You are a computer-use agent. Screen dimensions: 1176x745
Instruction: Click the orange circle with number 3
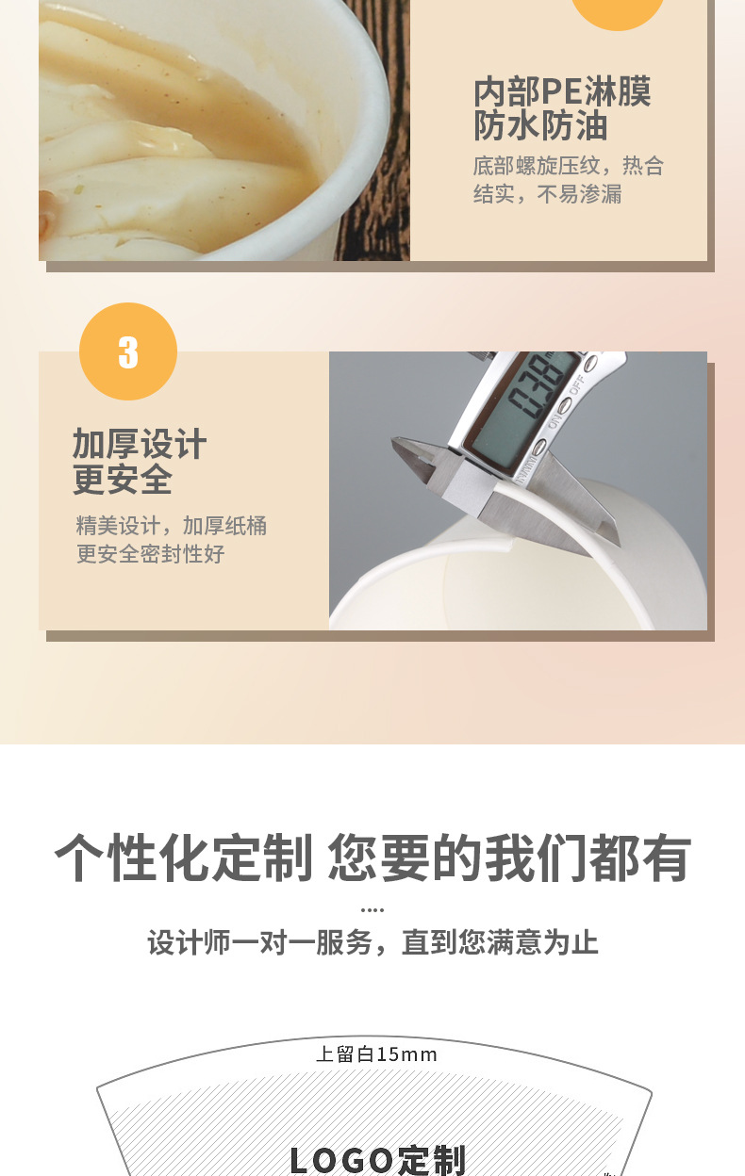(128, 351)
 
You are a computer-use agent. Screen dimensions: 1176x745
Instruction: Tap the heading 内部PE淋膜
(562, 91)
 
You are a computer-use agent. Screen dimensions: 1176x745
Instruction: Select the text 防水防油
(540, 126)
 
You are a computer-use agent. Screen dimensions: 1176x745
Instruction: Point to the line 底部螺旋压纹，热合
(569, 167)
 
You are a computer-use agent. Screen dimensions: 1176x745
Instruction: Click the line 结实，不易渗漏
(547, 195)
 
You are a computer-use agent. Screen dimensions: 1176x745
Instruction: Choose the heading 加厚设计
(140, 444)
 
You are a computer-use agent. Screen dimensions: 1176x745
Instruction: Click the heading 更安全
(123, 480)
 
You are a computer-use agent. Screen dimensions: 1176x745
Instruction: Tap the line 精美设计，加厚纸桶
(171, 526)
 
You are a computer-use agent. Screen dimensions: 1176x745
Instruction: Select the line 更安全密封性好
(150, 554)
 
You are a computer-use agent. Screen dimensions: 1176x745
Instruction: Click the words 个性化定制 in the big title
(183, 858)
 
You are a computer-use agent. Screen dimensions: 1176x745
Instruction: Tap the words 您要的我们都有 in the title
(509, 858)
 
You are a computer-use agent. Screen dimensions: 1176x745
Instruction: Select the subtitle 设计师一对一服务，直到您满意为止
(372, 942)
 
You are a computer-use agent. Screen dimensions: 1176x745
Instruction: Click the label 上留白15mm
(376, 1054)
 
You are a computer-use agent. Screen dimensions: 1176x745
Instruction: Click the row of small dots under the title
(372, 910)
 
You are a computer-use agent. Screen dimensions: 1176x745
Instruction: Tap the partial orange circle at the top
(618, 11)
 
